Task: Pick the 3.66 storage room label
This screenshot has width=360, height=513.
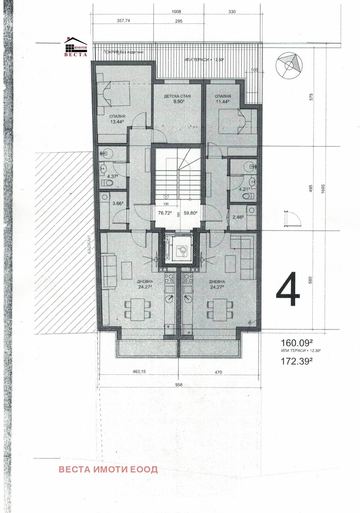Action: pyautogui.click(x=117, y=203)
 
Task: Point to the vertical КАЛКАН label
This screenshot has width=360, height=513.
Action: pyautogui.click(x=90, y=245)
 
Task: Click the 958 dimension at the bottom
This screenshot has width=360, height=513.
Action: pyautogui.click(x=179, y=385)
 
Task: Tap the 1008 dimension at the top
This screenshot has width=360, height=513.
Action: pyautogui.click(x=176, y=13)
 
